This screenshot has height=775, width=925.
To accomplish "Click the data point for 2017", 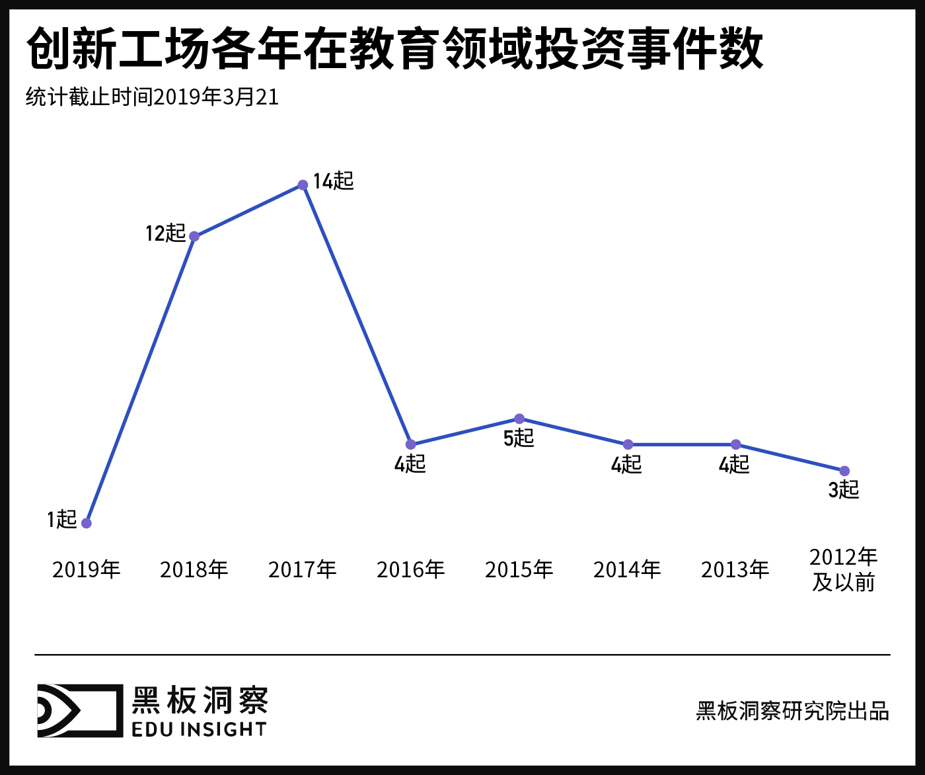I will point(303,185).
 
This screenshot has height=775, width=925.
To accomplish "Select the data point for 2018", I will point(194,237).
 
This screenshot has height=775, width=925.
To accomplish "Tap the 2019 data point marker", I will point(86,523).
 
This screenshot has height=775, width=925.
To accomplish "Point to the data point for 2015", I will point(519,419).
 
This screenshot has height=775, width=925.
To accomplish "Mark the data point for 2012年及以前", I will point(844,471).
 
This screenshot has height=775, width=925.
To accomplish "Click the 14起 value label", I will point(334,181).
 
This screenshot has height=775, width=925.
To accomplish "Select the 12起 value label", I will point(165,233).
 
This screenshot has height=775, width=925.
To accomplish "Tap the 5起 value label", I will point(519,438).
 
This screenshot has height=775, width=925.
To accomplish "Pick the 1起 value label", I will point(61,519).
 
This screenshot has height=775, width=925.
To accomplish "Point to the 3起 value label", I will point(844,490).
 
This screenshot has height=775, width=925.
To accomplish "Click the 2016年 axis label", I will point(411,569).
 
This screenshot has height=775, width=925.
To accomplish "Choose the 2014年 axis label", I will point(627,569).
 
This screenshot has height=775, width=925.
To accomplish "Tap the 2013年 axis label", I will point(735,569).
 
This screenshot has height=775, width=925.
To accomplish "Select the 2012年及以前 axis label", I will point(844,569).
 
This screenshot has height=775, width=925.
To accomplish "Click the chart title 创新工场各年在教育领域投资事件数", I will point(395,49).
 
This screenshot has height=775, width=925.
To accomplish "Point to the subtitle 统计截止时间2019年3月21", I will point(153,97).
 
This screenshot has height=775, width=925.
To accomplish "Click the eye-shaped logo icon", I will point(79,711).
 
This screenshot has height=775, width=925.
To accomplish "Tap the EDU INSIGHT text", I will point(199,729).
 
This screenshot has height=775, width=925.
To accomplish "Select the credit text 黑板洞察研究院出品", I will point(792,711).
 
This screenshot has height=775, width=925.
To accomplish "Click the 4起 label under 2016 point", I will point(410,464).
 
